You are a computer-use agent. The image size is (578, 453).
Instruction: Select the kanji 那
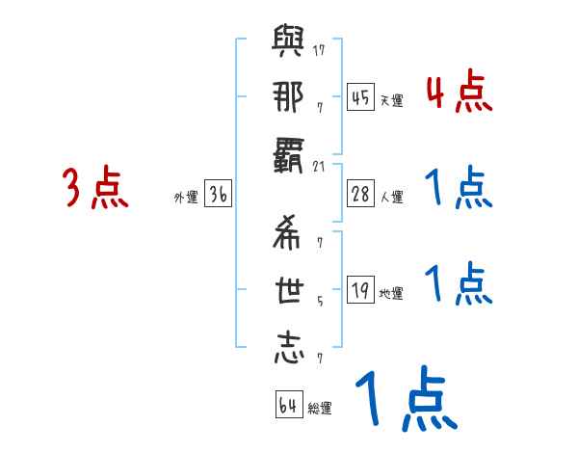(289, 101)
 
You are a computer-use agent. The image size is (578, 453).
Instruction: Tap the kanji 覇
(289, 157)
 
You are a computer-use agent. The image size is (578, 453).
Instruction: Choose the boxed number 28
(360, 194)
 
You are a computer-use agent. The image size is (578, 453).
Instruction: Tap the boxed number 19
(360, 290)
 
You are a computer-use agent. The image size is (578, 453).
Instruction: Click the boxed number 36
(218, 194)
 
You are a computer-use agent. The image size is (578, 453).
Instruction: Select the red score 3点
(95, 188)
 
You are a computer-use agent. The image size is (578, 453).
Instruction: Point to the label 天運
(391, 100)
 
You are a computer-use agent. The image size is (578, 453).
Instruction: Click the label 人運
(392, 198)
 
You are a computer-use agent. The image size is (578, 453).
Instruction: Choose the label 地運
(391, 294)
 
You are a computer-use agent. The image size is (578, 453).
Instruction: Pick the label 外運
(186, 198)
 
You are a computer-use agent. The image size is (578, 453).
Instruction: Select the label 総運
(320, 409)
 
